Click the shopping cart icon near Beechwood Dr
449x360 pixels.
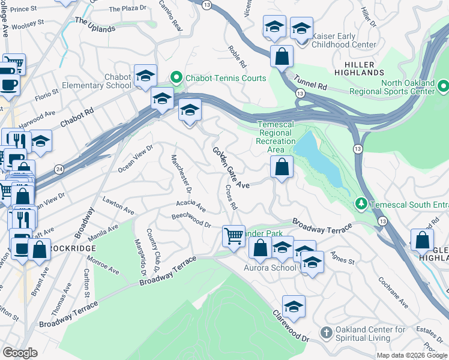tap(233, 235)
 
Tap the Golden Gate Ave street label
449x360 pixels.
tap(231, 168)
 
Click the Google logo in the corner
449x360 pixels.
tap(20, 352)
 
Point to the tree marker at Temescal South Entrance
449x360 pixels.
tap(361, 204)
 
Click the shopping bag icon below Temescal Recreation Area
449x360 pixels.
tap(282, 168)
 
